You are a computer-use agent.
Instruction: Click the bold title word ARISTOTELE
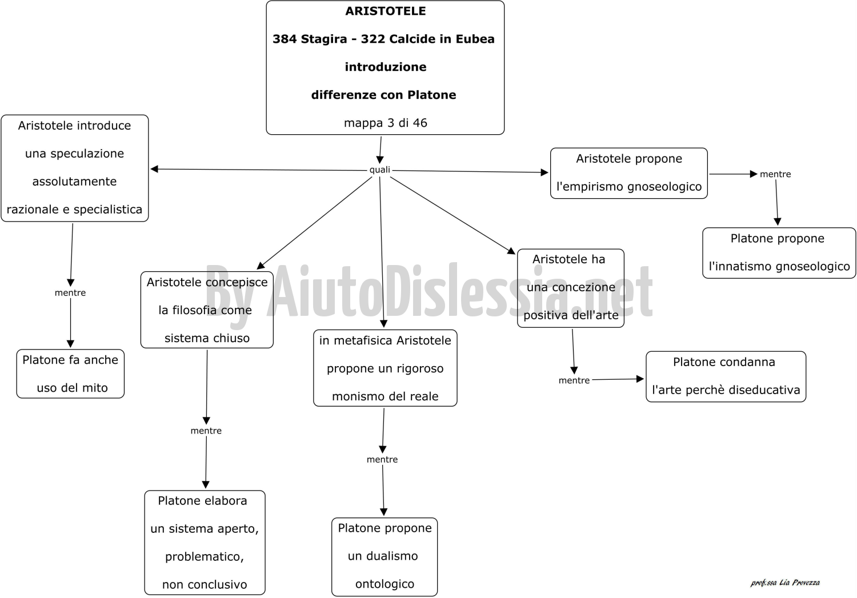point(385,11)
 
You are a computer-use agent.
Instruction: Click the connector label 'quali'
point(379,170)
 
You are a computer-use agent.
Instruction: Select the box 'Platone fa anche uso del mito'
point(70,374)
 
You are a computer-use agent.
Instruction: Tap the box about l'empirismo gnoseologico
point(628,173)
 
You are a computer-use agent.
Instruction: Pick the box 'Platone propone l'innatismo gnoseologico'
point(779,252)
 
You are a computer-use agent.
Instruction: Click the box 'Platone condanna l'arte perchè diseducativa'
point(726,376)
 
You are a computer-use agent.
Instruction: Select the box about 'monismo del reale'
point(385,368)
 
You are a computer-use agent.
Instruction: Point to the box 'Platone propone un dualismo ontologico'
point(385,557)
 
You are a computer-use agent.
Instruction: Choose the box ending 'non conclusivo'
point(205,543)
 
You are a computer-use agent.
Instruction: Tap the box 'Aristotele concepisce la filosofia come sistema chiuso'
point(207,310)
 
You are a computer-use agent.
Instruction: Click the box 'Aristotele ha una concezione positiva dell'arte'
point(570,288)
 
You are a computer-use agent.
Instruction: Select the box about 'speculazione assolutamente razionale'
point(75,168)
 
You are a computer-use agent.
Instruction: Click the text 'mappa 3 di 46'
point(385,123)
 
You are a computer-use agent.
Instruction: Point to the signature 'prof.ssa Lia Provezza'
point(785,583)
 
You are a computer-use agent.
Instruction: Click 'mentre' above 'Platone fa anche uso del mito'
point(70,293)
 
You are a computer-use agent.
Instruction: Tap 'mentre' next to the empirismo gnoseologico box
point(775,174)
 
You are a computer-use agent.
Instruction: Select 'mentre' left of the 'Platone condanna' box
point(574,380)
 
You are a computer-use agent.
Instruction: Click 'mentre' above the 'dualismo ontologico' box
point(382,460)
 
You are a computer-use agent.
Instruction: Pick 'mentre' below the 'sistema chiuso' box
point(206,431)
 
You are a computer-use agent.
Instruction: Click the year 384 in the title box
point(285,39)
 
